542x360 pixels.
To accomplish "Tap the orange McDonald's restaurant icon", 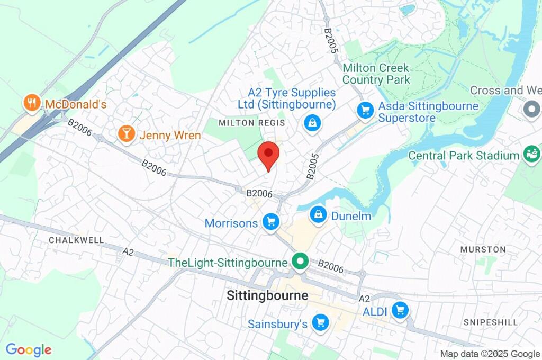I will point(32,104).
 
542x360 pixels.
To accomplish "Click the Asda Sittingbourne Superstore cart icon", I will point(365,110).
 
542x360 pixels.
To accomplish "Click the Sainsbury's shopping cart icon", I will point(320,322).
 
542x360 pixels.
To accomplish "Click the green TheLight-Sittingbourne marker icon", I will point(301,262).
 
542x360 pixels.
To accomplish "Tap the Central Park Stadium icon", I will point(530,155).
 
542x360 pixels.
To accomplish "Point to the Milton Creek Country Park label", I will point(376,74).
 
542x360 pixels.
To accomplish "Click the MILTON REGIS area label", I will point(252,123).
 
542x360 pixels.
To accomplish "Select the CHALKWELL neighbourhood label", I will point(76,240).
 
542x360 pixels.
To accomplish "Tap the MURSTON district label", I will point(483,249).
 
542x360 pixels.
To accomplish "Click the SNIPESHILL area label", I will point(486,322).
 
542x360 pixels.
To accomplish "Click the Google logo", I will point(29,349).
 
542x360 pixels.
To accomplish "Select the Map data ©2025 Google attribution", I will point(490,354).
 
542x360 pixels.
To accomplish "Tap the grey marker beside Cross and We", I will point(530,110).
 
